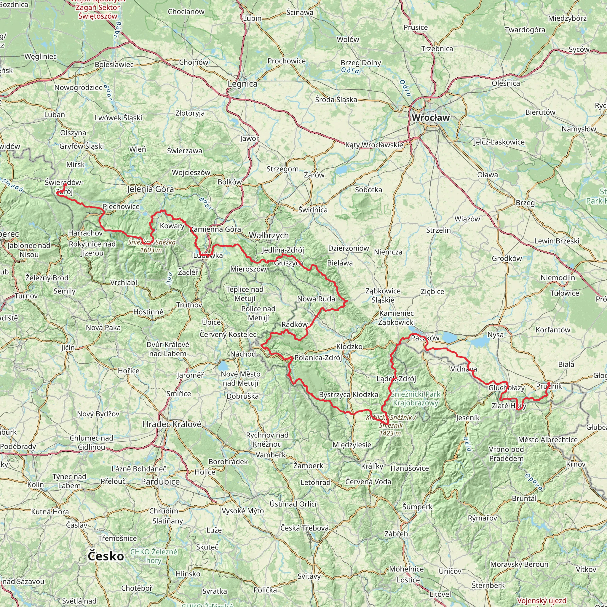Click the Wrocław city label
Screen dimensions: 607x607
click(431, 118)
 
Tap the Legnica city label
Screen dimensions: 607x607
click(242, 84)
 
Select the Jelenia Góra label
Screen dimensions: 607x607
click(151, 189)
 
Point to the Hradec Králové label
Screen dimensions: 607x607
click(172, 424)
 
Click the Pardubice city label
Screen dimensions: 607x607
click(160, 482)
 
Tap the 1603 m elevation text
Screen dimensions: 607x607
click(151, 250)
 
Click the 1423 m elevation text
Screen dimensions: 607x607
click(390, 433)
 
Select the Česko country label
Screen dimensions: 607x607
click(106, 556)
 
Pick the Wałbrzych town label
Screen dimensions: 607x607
click(269, 235)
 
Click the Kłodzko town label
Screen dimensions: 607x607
click(349, 346)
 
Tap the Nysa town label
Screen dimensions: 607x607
click(496, 335)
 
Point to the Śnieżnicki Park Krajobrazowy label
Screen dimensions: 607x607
click(416, 398)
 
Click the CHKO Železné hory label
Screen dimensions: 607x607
click(154, 556)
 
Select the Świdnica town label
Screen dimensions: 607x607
click(313, 210)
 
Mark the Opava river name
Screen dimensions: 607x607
click(533, 482)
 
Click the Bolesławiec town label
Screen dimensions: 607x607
click(114, 65)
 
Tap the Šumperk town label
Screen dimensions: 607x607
click(417, 507)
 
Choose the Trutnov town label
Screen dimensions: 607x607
click(189, 305)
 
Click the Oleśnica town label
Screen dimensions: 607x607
click(506, 83)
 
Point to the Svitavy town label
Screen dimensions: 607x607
click(309, 576)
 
